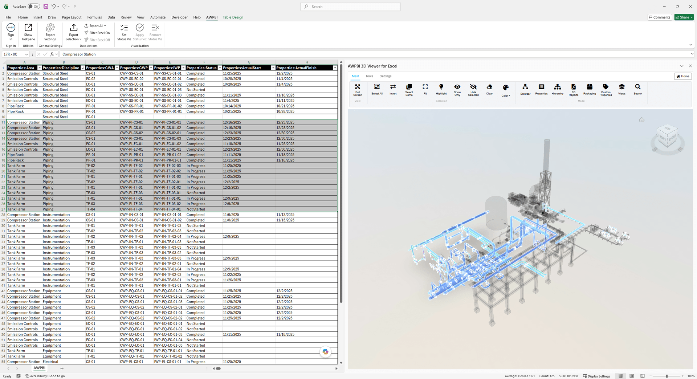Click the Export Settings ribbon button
pyautogui.click(x=50, y=32)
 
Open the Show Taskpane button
pyautogui.click(x=28, y=32)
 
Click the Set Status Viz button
pyautogui.click(x=124, y=32)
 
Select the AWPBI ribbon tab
pyautogui.click(x=212, y=17)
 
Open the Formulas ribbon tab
pyautogui.click(x=94, y=17)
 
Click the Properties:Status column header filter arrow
pyautogui.click(x=220, y=68)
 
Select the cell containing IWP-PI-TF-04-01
pyautogui.click(x=168, y=209)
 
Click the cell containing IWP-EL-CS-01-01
pyautogui.click(x=168, y=362)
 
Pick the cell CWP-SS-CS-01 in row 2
pyautogui.click(x=132, y=73)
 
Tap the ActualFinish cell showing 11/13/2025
pyautogui.click(x=285, y=215)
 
